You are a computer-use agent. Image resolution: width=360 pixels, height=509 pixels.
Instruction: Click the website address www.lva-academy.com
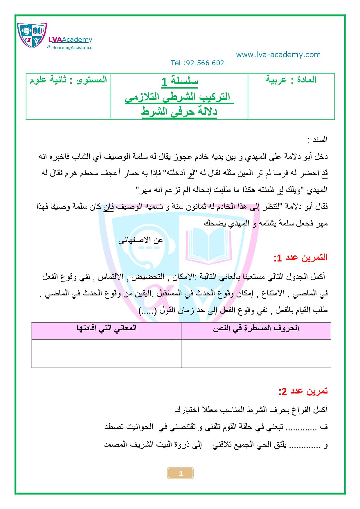click(278, 55)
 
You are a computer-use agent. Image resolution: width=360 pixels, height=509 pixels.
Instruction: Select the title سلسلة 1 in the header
click(179, 82)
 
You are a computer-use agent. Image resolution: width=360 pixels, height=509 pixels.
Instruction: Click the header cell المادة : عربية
click(291, 80)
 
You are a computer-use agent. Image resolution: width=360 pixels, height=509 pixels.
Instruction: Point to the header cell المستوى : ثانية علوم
click(69, 80)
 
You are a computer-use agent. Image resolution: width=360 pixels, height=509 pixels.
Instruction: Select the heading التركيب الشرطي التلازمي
click(179, 97)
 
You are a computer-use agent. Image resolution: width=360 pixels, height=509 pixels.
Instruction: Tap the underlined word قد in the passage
click(325, 174)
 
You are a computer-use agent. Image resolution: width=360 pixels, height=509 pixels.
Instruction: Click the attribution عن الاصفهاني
click(141, 240)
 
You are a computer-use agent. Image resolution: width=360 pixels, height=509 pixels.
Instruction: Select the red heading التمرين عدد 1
click(300, 257)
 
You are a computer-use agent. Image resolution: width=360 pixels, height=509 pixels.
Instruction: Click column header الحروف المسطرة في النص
click(256, 328)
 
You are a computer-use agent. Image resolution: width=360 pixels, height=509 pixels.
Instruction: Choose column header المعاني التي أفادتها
click(106, 328)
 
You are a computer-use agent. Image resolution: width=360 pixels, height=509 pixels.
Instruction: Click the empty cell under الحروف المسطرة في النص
click(256, 353)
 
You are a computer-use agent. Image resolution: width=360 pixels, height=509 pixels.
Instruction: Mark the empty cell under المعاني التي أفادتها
click(106, 353)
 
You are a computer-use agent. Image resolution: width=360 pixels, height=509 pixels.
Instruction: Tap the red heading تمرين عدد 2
click(303, 391)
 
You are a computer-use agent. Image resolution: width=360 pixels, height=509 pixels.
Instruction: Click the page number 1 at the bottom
click(181, 474)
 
